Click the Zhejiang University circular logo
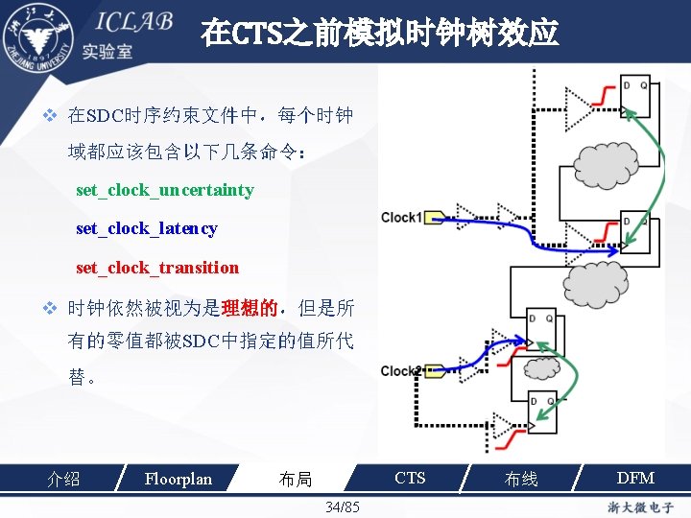pyautogui.click(x=38, y=36)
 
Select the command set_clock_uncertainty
pyautogui.click(x=164, y=190)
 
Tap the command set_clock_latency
pyautogui.click(x=146, y=228)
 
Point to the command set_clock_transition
pyautogui.click(x=156, y=268)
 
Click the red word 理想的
pyautogui.click(x=249, y=309)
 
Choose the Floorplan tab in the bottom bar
pyautogui.click(x=178, y=478)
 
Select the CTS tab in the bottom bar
pyautogui.click(x=410, y=478)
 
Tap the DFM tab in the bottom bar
pyautogui.click(x=635, y=478)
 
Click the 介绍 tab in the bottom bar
pyautogui.click(x=63, y=479)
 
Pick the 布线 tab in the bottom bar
pyautogui.click(x=521, y=479)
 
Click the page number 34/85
pyautogui.click(x=343, y=506)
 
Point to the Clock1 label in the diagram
pyautogui.click(x=400, y=217)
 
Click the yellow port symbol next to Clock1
pyautogui.click(x=434, y=217)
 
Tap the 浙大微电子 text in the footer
pyautogui.click(x=638, y=506)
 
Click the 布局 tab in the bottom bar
pyautogui.click(x=295, y=479)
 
